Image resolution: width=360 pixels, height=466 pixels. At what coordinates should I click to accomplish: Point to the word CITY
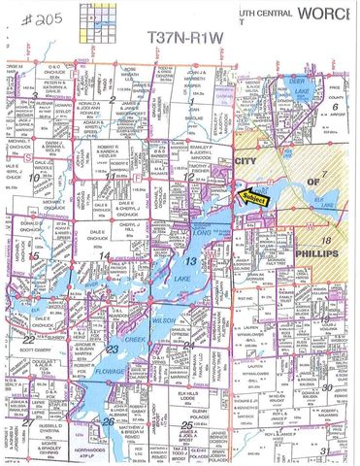[246, 159]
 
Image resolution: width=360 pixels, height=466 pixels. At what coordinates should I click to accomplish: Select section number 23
[113, 349]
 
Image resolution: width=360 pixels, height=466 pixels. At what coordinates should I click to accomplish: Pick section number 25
[184, 425]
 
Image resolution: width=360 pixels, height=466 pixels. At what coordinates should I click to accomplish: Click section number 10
[35, 177]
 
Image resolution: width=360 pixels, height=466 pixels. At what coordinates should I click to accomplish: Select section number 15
[35, 255]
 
